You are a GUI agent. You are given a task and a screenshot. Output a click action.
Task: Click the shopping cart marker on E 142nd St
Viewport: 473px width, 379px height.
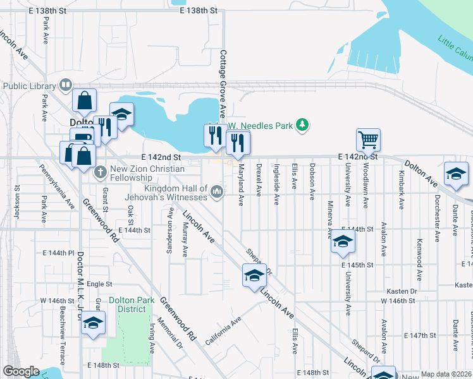(x=367, y=139)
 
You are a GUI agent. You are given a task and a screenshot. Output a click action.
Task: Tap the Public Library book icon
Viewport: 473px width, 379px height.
(x=65, y=85)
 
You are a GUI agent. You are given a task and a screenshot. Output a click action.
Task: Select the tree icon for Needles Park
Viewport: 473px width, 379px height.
(x=304, y=125)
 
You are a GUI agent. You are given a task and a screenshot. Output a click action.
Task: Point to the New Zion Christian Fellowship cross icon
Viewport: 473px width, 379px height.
(x=100, y=171)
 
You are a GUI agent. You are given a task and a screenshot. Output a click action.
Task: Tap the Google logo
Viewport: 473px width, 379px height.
(x=21, y=371)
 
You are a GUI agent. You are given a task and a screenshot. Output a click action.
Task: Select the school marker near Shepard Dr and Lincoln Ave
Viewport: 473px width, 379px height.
(x=254, y=275)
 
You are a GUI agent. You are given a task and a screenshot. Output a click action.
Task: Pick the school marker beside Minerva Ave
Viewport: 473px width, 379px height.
(x=343, y=242)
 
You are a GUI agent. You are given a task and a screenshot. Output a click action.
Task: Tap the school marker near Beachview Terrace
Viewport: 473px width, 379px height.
(x=94, y=322)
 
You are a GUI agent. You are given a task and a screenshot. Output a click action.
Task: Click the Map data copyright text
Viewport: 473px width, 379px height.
(x=446, y=374)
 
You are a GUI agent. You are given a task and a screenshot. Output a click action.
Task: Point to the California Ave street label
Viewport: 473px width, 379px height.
(x=223, y=331)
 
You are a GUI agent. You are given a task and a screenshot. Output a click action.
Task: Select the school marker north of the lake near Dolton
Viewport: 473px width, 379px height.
(x=121, y=114)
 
